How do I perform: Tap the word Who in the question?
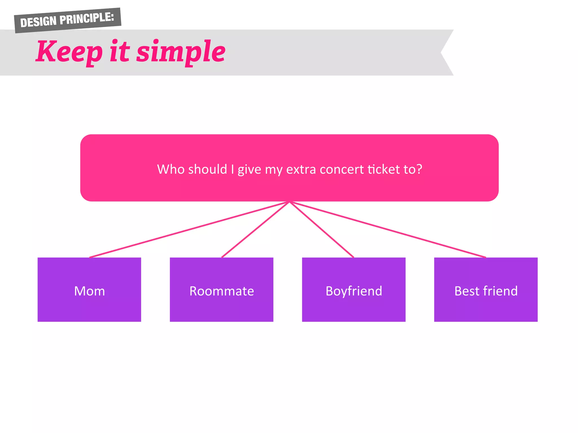coord(171,169)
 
